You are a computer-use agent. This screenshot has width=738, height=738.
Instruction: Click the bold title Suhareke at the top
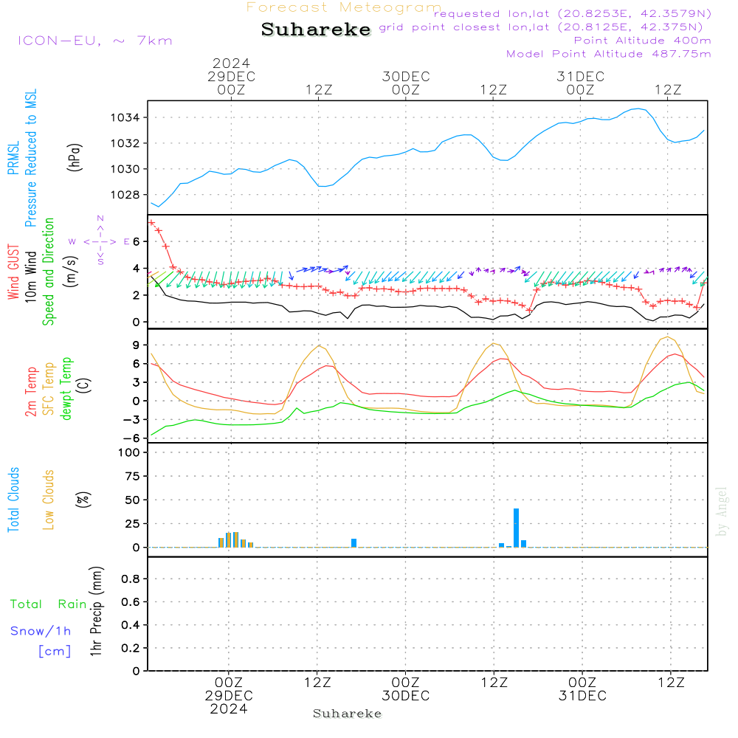tap(316, 30)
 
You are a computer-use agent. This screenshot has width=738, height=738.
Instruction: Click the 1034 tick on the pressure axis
tap(127, 117)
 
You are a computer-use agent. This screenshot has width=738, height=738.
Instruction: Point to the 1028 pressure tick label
tap(127, 195)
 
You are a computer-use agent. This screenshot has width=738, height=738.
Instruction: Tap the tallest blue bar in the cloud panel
tap(516, 528)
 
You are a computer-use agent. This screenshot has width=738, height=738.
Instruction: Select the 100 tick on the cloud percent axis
tap(130, 452)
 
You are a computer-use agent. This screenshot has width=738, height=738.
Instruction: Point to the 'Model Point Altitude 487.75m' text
tap(608, 54)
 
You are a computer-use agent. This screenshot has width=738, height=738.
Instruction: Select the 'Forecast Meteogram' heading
tap(344, 7)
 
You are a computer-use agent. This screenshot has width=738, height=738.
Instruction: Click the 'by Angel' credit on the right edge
tap(723, 511)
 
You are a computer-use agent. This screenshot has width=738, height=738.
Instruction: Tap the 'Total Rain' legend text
tap(49, 604)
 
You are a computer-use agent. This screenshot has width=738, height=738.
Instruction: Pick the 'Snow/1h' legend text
tap(41, 631)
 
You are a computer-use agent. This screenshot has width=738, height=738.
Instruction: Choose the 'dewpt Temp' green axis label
tap(66, 389)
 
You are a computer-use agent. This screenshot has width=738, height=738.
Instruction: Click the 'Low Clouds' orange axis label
tap(49, 500)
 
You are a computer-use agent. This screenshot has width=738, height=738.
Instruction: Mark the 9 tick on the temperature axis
tap(137, 345)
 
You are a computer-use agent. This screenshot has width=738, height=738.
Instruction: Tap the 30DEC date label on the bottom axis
tap(405, 696)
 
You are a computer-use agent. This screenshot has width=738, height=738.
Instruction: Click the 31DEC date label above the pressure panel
tap(581, 77)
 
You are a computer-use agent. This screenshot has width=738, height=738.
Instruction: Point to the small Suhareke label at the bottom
tap(347, 714)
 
